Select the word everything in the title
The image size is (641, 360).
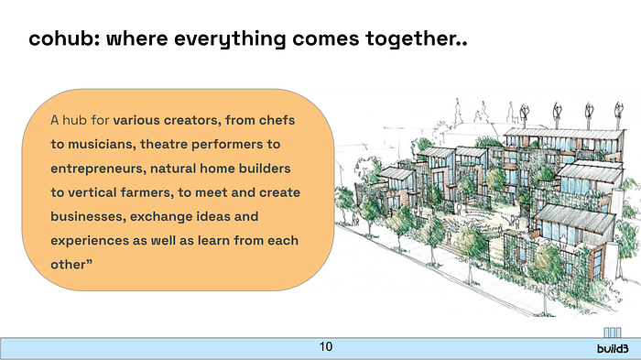pyautogui.click(x=230, y=39)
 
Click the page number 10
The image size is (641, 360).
pyautogui.click(x=326, y=347)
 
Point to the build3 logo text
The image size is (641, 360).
pyautogui.click(x=613, y=349)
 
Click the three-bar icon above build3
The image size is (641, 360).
pyautogui.click(x=613, y=333)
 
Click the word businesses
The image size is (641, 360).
pyautogui.click(x=88, y=217)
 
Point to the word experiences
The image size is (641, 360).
pyautogui.click(x=90, y=241)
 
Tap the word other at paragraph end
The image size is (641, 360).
pyautogui.click(x=68, y=265)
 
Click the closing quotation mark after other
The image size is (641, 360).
pyautogui.click(x=89, y=261)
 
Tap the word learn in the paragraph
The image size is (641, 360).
pyautogui.click(x=213, y=241)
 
